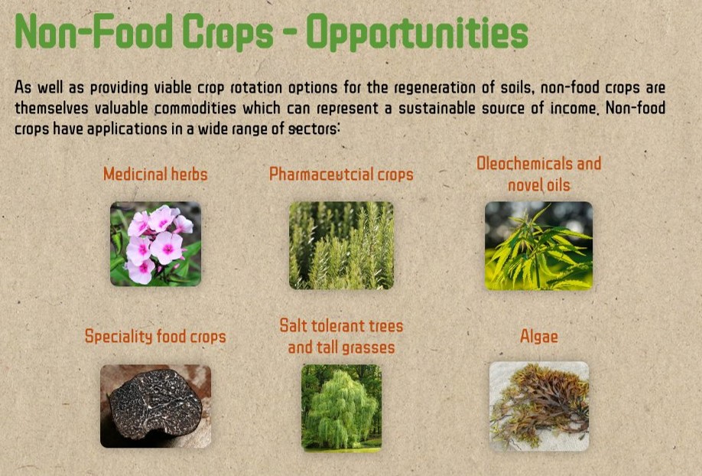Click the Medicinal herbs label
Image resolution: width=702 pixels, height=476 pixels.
[155, 174]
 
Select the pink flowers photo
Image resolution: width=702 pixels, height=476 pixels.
[156, 244]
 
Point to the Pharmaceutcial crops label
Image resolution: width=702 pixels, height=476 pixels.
[341, 174]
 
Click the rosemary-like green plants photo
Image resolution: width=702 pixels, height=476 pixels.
[341, 245]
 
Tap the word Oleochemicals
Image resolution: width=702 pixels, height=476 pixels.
[525, 163]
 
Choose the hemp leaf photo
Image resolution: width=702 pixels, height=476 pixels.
[538, 245]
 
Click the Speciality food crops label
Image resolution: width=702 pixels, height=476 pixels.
[155, 336]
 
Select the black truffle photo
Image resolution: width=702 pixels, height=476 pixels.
[155, 406]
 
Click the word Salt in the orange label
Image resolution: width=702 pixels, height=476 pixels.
[294, 325]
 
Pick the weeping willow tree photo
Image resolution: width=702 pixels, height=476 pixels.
[341, 407]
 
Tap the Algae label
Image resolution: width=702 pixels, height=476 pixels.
[539, 337]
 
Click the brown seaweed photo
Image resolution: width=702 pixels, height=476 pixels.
[539, 406]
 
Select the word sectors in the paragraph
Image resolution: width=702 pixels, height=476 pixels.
[314, 129]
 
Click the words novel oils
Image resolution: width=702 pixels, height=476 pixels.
[539, 184]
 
